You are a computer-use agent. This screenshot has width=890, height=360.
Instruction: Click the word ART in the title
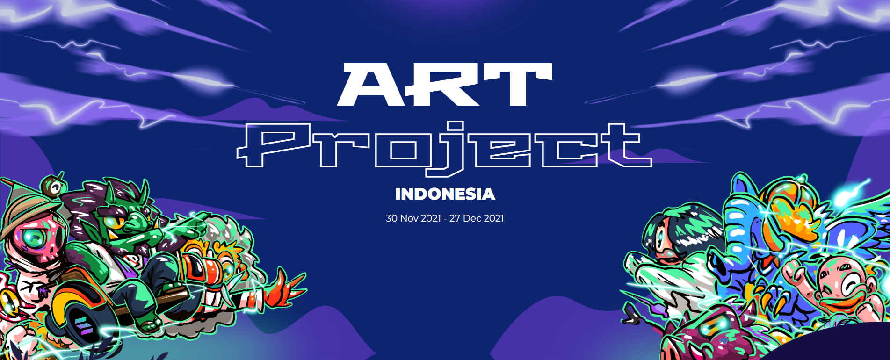[444, 85]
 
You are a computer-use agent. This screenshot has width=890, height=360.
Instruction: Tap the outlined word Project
[444, 146]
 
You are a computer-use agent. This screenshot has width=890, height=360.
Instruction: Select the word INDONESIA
[445, 194]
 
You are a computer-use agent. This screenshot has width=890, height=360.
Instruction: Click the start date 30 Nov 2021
[413, 218]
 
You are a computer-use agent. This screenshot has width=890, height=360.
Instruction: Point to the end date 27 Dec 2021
[477, 218]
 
